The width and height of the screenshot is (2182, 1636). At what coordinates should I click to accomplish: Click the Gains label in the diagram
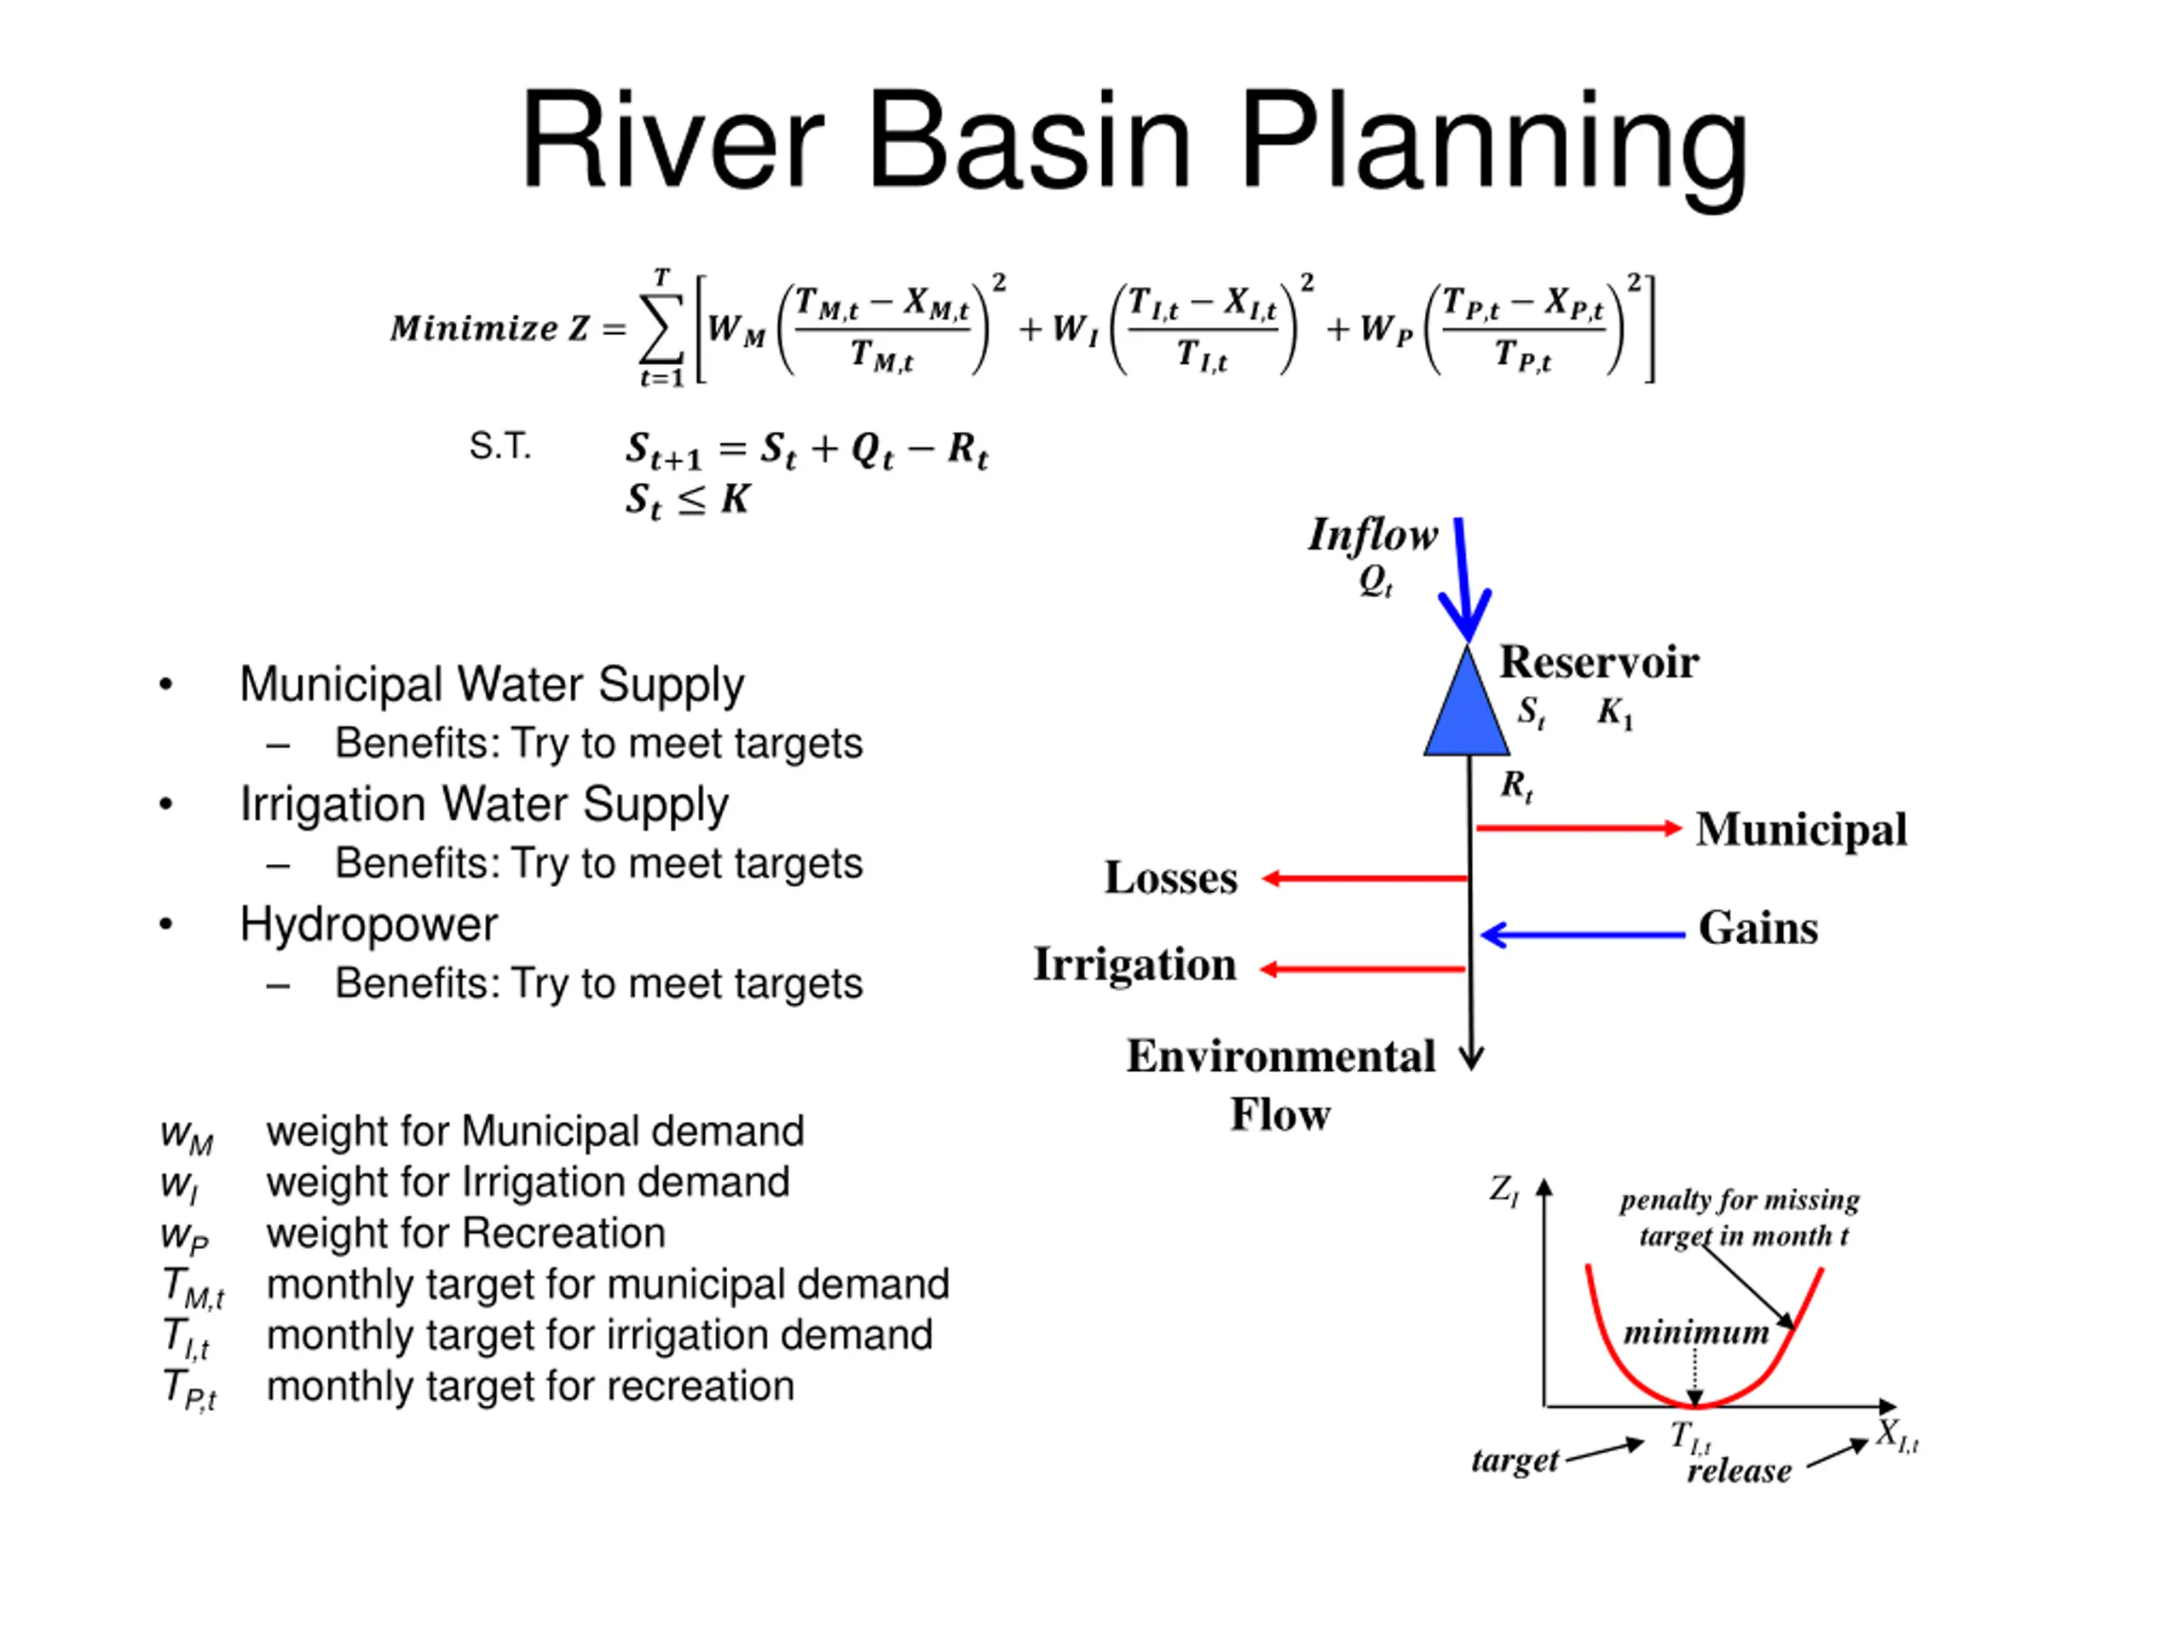[x=1758, y=928]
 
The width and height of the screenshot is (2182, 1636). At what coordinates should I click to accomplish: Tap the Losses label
[x=1170, y=878]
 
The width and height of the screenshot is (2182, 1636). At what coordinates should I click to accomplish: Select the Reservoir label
[x=1598, y=662]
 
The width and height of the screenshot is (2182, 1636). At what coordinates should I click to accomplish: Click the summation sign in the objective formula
[x=661, y=327]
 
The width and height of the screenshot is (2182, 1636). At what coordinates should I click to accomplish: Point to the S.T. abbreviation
[x=500, y=446]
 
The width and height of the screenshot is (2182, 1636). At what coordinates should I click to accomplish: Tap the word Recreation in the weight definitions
[x=564, y=1233]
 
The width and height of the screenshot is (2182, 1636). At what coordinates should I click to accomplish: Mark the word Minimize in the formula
[x=475, y=327]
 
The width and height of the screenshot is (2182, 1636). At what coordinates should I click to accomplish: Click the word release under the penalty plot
[x=1738, y=1471]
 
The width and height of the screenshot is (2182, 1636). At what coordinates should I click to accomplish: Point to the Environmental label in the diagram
[x=1280, y=1056]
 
